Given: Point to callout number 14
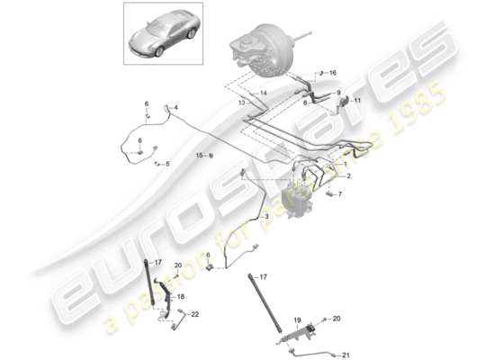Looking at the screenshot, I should click(264, 94).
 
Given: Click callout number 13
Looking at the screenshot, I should click(242, 103).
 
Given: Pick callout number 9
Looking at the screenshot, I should click(339, 93).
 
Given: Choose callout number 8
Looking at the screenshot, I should click(330, 103).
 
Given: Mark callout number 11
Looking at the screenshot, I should click(356, 102).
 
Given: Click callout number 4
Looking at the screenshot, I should click(175, 109).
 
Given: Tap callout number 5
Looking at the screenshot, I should click(166, 163).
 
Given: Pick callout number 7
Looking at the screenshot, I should click(340, 193).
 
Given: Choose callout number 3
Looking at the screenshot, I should click(265, 217).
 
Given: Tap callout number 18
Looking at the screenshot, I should click(181, 295).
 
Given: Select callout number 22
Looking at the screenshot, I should click(194, 313).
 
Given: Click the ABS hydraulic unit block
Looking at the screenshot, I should click(301, 197).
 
